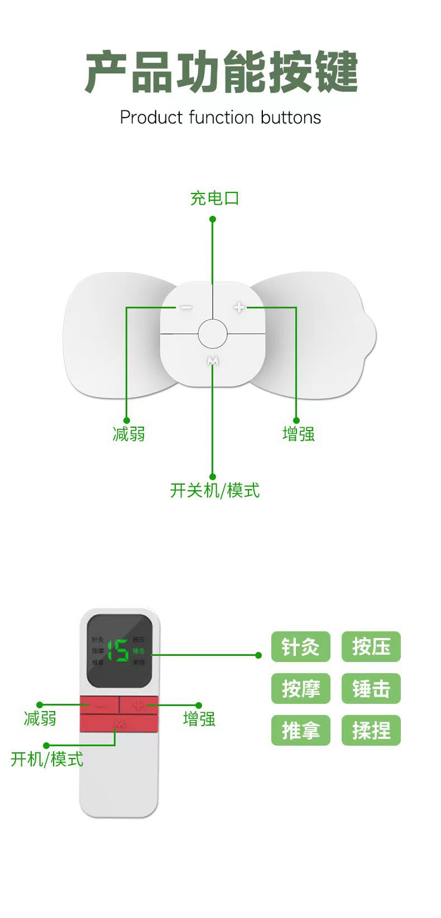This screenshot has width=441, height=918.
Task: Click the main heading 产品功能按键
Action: (x=221, y=73)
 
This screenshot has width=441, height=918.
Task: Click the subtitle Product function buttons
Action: (x=220, y=118)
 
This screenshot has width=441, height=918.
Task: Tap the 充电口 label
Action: (x=214, y=198)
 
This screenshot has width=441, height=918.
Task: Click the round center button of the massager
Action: (x=213, y=335)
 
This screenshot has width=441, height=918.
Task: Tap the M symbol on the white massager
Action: (x=213, y=361)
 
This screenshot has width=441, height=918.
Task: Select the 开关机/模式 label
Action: (x=214, y=491)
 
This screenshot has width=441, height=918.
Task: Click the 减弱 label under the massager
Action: (x=128, y=434)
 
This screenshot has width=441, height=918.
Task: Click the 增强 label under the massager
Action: (x=298, y=434)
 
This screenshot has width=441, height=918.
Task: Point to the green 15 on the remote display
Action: (x=118, y=650)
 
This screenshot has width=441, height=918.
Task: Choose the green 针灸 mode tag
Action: (x=300, y=647)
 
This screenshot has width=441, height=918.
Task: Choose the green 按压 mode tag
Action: (x=371, y=647)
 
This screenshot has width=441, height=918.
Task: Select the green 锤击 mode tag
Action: (x=371, y=689)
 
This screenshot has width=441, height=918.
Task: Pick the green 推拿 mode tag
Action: (x=300, y=730)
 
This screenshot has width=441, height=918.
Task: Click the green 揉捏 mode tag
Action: (x=371, y=730)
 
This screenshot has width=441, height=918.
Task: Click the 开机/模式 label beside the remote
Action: (x=47, y=759)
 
